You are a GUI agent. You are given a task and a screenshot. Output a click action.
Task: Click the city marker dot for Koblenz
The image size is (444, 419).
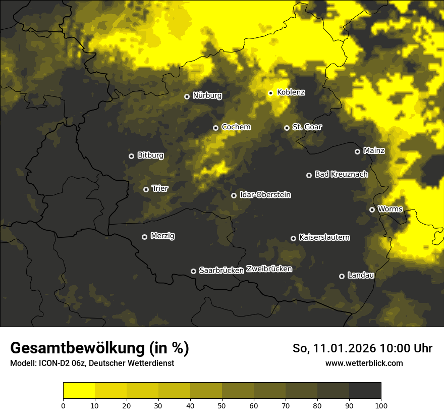(x=270, y=93)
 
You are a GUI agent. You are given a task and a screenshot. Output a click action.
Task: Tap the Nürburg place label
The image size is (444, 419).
(x=207, y=95)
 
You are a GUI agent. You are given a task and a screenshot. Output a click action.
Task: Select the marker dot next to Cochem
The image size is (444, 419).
(x=215, y=128)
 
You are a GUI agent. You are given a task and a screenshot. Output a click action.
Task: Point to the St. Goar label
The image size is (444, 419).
(x=307, y=127)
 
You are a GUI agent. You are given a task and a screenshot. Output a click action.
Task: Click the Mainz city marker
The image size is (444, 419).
(x=357, y=151)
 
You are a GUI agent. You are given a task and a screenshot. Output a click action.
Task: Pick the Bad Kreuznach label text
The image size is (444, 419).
(x=341, y=175)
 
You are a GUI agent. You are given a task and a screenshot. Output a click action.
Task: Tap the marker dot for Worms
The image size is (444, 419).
(x=372, y=210)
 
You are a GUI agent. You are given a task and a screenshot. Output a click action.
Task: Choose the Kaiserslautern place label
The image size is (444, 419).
(x=324, y=238)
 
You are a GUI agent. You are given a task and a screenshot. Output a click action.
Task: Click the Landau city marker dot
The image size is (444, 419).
(x=342, y=276)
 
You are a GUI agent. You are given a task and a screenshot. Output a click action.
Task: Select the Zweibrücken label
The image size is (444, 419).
(x=269, y=269)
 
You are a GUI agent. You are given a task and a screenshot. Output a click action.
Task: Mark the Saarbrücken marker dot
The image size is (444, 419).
(x=193, y=271)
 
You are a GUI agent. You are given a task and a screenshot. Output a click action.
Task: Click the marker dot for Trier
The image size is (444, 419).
(x=146, y=189)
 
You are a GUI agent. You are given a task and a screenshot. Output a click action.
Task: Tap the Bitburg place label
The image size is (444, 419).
(x=150, y=155)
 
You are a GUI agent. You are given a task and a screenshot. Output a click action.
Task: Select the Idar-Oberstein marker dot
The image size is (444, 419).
(x=234, y=195)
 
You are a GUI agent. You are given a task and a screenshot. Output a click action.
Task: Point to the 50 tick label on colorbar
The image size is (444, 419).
(x=222, y=405)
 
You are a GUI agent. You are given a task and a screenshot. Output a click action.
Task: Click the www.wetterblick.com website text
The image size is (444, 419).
(x=364, y=363)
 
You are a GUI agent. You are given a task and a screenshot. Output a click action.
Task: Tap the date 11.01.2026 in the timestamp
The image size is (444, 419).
(x=345, y=348)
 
